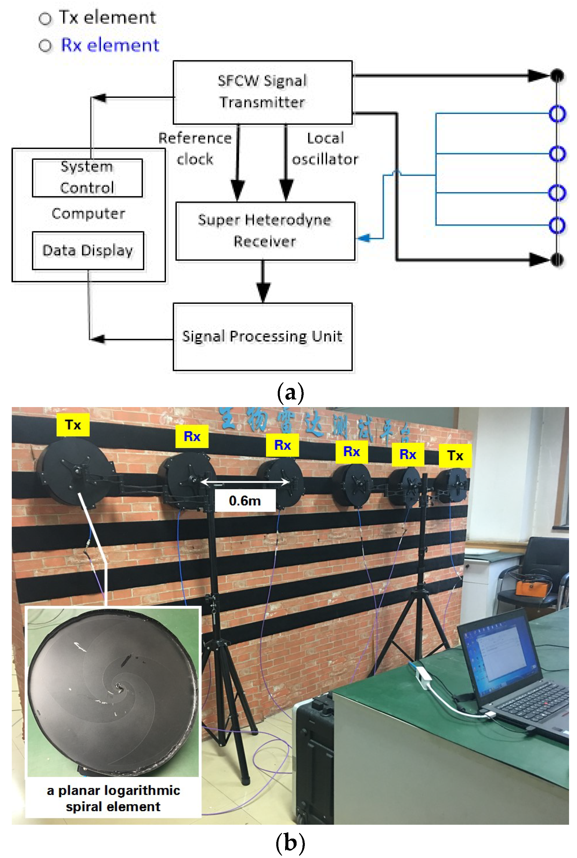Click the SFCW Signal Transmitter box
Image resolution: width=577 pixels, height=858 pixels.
click(262, 92)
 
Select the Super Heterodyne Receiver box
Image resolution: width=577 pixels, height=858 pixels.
click(265, 231)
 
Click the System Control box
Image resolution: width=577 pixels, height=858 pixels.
click(87, 178)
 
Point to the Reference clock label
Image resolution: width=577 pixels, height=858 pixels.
click(195, 148)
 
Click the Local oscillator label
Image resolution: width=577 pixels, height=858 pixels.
click(325, 148)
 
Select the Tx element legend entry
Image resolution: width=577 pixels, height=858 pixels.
click(97, 18)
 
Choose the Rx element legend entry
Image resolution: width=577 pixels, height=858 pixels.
click(99, 45)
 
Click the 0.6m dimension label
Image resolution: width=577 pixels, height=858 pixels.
click(245, 500)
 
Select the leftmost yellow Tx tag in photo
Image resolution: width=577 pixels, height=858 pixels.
click(73, 425)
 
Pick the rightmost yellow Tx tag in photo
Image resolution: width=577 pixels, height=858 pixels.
click(455, 455)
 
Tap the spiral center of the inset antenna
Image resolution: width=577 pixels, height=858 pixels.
click(120, 686)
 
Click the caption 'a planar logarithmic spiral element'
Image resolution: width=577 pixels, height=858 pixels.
click(113, 799)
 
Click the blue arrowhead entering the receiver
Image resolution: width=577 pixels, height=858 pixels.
click(363, 238)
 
